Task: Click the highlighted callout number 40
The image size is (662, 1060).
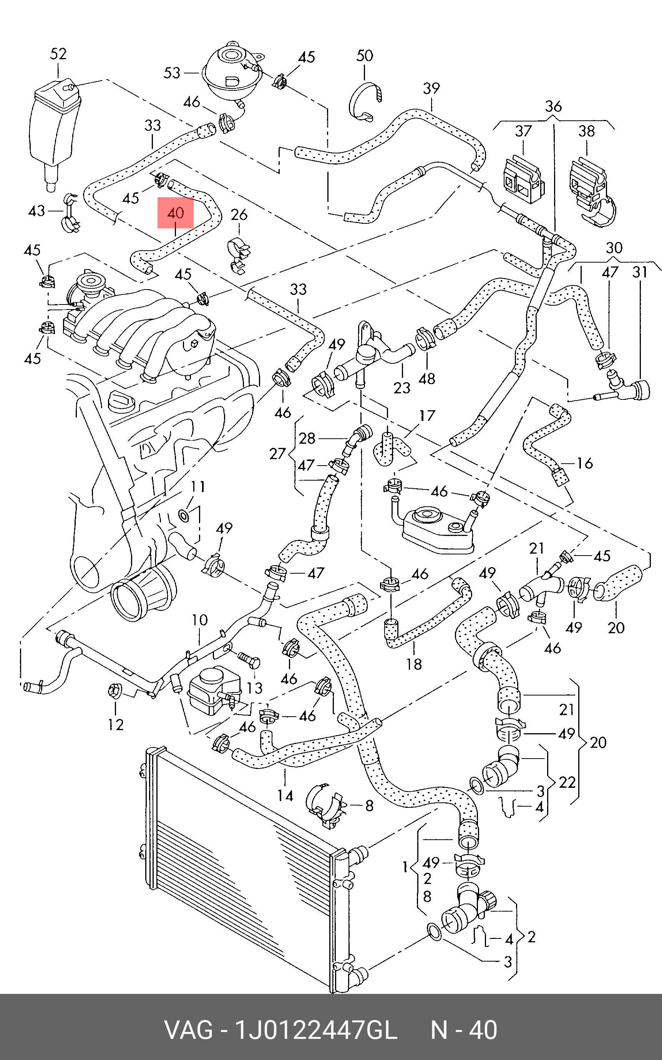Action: point(175,213)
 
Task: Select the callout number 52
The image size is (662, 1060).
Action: point(58,54)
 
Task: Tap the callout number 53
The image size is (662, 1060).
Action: point(172,73)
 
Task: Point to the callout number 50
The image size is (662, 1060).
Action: point(365,56)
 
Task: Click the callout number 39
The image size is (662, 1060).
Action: point(431,88)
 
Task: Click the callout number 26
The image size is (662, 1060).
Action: point(239,215)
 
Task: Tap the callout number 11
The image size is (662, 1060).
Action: point(197,487)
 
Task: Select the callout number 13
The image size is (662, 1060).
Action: point(254,688)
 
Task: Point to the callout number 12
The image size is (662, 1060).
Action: point(116,725)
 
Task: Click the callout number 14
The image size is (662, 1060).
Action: point(285,795)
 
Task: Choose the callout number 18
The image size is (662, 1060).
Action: point(414,664)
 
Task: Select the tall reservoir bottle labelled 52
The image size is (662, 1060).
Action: point(55,127)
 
